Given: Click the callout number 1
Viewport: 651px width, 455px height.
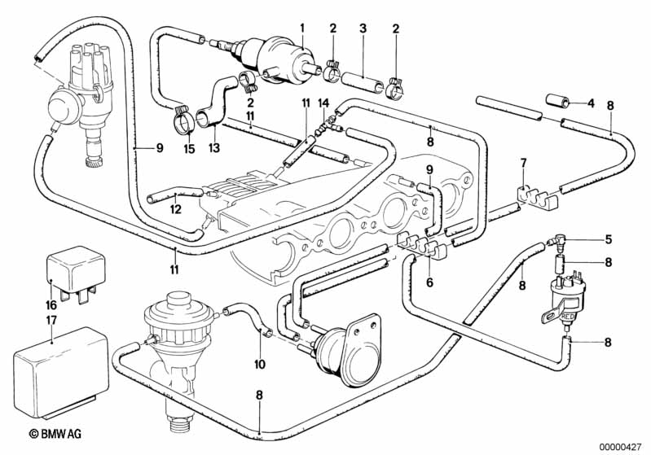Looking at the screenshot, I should click(x=301, y=28).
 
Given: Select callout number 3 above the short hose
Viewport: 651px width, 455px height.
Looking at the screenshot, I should click(x=363, y=28).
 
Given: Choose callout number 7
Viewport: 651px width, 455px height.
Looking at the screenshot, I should click(x=522, y=164).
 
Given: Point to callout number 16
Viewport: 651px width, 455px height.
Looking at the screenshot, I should click(x=52, y=305).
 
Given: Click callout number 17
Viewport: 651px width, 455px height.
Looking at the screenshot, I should click(x=51, y=319).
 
